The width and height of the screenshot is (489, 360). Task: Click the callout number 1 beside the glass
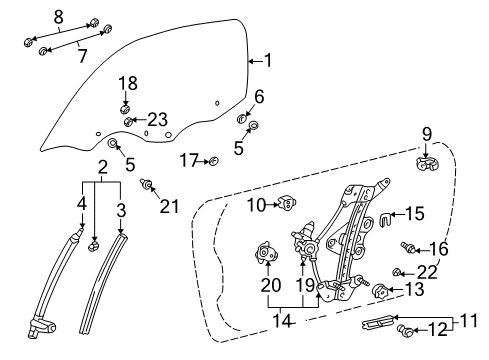pyautogui.click(x=266, y=61)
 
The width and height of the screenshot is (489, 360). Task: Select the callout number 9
pyautogui.click(x=425, y=133)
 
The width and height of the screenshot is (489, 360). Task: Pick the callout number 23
pyautogui.click(x=158, y=119)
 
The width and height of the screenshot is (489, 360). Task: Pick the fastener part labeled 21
pyautogui.click(x=147, y=185)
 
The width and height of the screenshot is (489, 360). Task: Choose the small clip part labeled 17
pyautogui.click(x=213, y=160)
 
